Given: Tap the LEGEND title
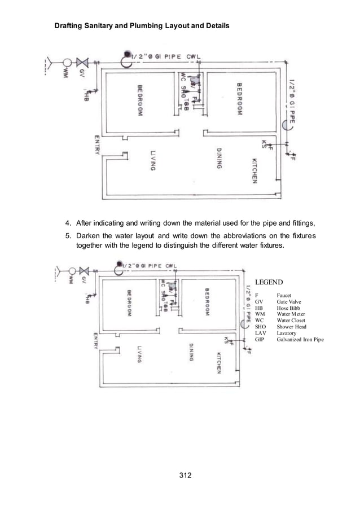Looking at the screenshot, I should click(x=268, y=282).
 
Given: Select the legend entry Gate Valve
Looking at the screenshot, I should click(x=289, y=302).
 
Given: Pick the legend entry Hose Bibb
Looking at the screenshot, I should click(x=288, y=308).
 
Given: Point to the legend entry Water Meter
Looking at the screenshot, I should click(x=291, y=314).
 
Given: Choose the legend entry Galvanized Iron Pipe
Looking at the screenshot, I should click(x=300, y=340).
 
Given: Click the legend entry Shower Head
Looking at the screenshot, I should click(x=291, y=327).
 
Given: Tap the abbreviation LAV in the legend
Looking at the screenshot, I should click(x=260, y=333).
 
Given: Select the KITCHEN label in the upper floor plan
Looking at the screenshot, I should click(x=255, y=170).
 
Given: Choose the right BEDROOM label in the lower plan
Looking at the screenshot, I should click(x=208, y=302).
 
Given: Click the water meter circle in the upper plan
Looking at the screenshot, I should click(x=67, y=62).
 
